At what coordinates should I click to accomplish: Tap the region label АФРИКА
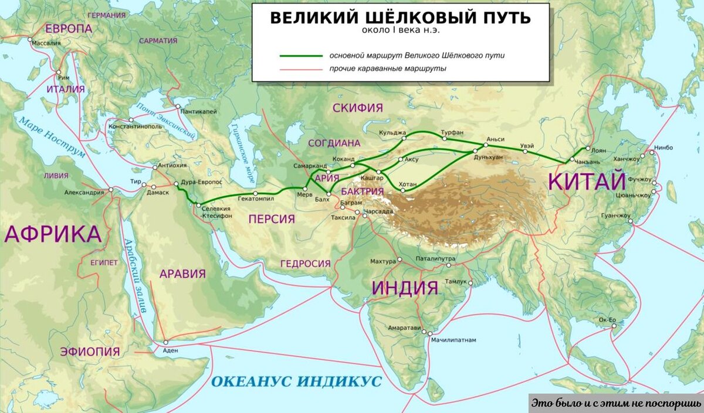point(53,234)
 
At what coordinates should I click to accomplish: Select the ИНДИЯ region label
point(405,288)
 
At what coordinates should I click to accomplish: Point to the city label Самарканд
point(310,166)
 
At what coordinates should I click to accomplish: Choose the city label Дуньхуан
point(491,157)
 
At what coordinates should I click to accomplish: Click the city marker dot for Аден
point(165,343)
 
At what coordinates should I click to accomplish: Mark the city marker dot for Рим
point(59,73)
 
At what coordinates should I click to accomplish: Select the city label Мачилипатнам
point(453,340)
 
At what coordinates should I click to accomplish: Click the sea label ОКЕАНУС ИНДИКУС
point(296,382)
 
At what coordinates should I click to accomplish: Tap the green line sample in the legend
point(300,56)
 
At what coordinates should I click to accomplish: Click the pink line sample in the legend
point(300,69)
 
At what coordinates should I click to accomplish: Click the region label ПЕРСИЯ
point(271,219)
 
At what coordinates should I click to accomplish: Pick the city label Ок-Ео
point(607,320)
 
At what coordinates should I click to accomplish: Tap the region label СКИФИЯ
point(357,108)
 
